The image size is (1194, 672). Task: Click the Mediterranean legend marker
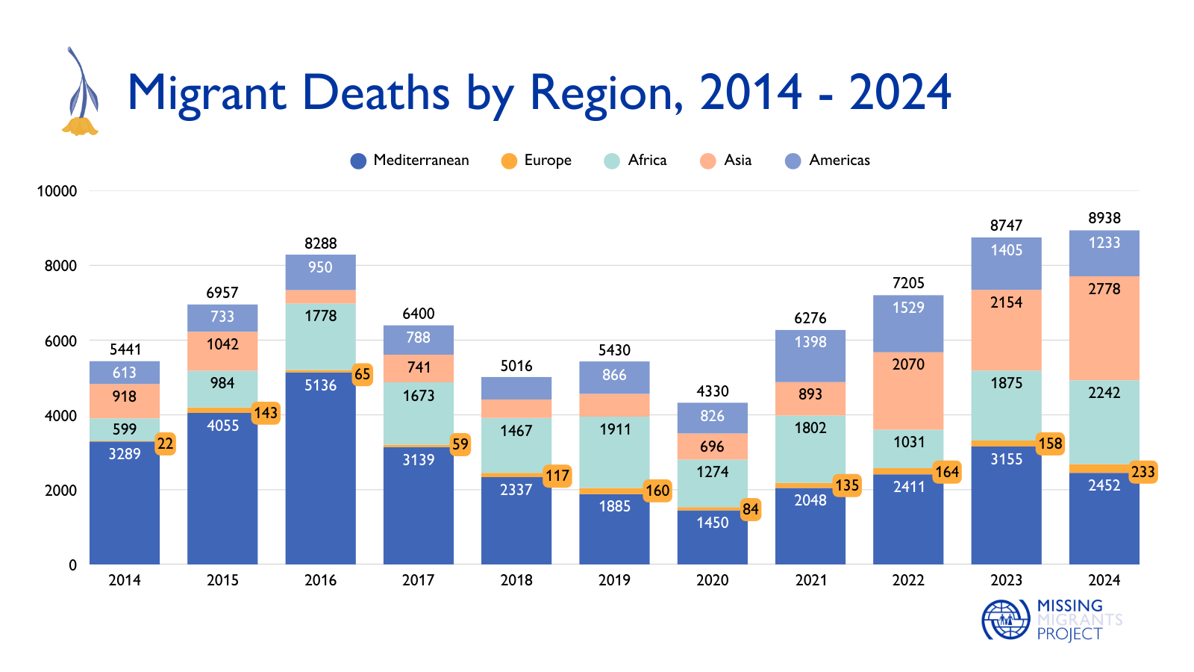[x=358, y=161]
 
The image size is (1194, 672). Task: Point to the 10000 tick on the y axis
[x=57, y=191]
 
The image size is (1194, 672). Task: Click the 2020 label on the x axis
[x=712, y=580]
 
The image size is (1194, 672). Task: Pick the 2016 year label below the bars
[x=320, y=580]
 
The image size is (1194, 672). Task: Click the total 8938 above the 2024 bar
[x=1104, y=218]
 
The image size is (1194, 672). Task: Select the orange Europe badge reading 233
[x=1143, y=472]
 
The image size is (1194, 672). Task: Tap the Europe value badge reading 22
[x=165, y=444]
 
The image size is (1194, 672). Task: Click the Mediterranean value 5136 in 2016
[x=320, y=385]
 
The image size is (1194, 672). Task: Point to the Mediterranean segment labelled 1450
[x=712, y=523]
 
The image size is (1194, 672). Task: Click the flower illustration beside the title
[x=81, y=93]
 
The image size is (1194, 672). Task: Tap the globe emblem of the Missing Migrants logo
[x=1005, y=620]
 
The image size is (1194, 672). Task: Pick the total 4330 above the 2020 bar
[x=712, y=391]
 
